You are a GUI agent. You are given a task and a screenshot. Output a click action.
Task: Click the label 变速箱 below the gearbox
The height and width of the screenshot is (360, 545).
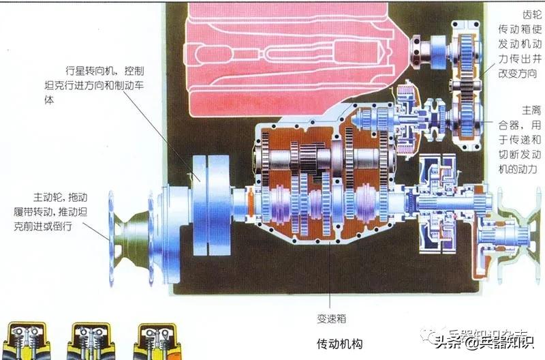(330, 318)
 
